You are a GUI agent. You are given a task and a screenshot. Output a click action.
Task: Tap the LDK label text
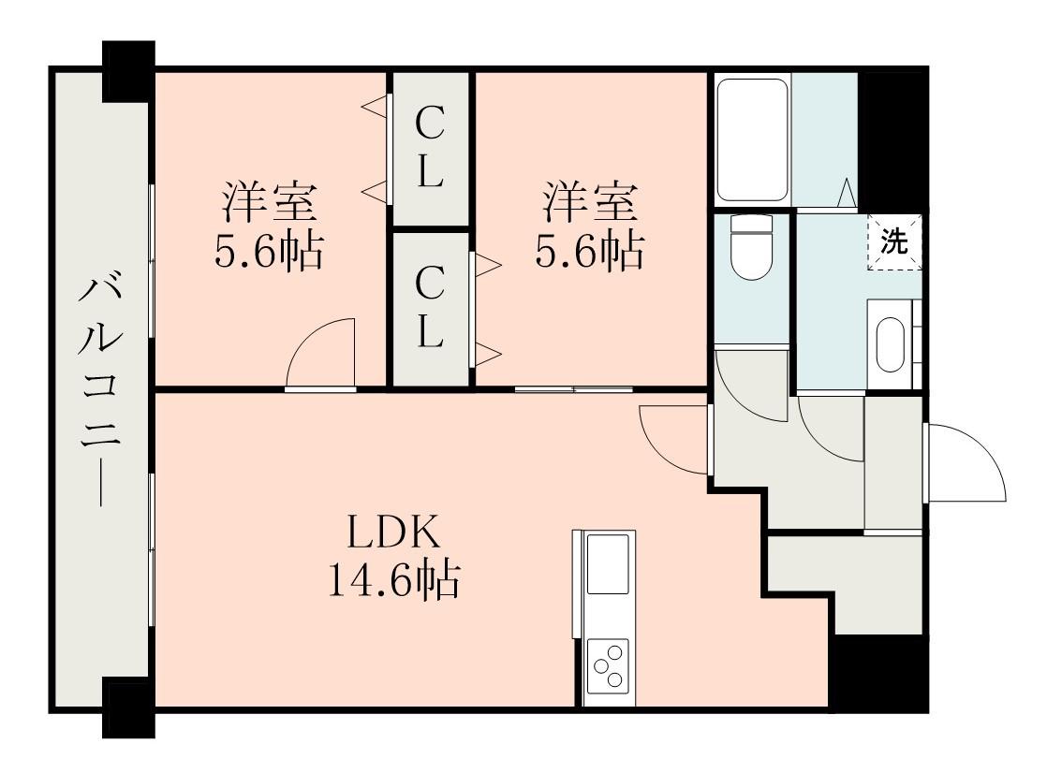coord(392,533)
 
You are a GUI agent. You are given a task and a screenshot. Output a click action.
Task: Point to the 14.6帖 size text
coord(392,581)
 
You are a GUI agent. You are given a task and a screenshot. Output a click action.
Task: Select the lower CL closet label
coord(430,307)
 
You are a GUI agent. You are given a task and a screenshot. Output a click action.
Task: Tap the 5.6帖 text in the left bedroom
coord(269,251)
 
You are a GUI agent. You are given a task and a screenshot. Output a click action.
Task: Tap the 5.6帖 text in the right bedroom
coord(590,251)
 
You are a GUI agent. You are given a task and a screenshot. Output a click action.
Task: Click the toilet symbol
coord(749,248)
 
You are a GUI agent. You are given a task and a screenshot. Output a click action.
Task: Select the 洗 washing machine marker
coord(895,242)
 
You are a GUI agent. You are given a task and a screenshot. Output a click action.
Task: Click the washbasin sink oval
coord(890,346)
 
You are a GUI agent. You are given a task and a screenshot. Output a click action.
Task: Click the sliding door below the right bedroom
coord(573,387)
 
